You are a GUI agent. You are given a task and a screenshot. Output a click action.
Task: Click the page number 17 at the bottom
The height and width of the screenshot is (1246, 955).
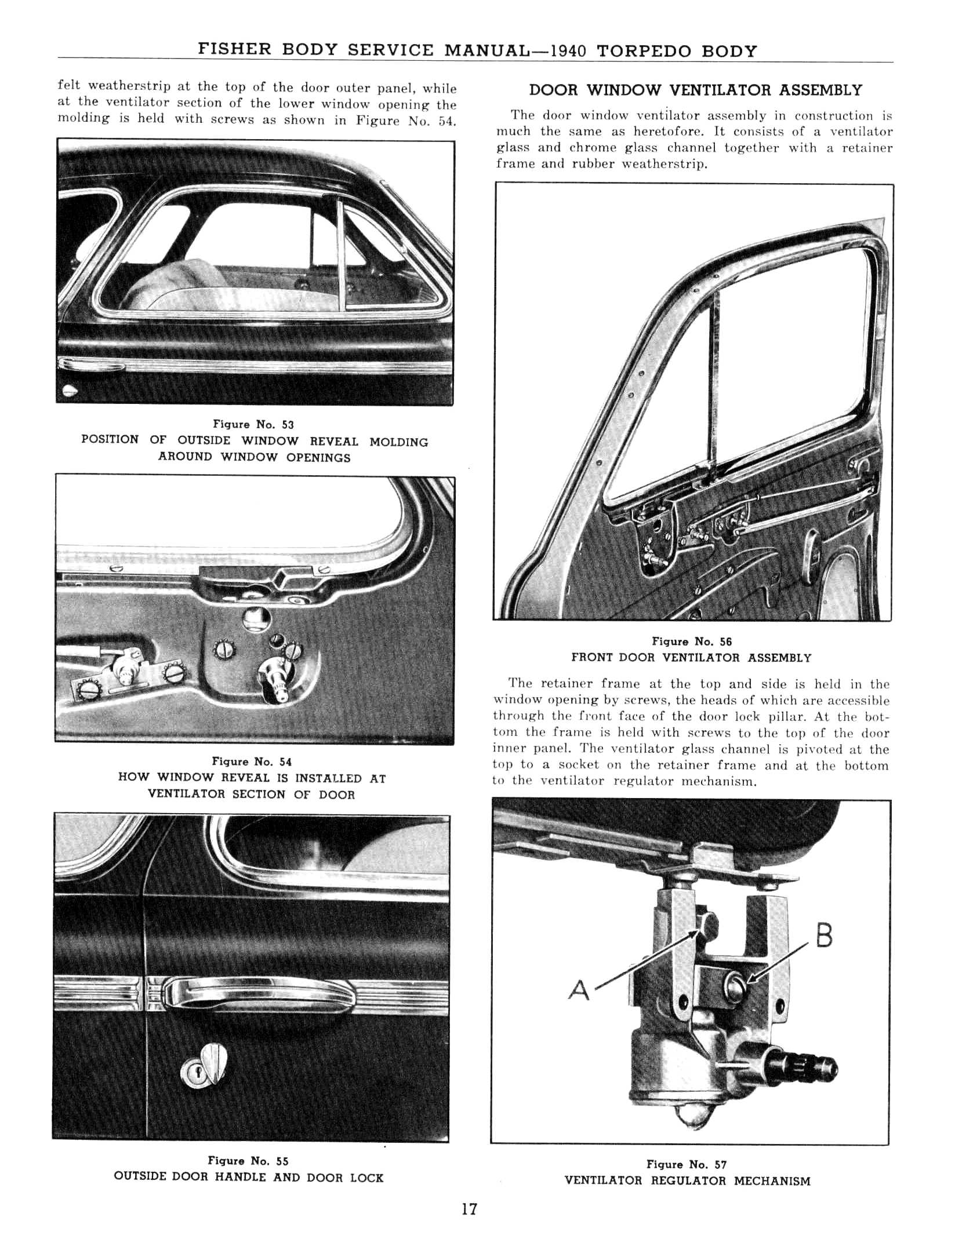pos(469,1225)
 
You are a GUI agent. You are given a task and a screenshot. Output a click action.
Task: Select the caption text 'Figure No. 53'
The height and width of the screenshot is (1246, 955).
pos(253,425)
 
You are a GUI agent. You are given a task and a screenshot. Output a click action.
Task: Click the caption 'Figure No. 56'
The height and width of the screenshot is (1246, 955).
pos(692,642)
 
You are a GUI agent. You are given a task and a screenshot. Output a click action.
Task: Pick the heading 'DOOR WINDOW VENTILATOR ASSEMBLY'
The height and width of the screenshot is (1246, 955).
pos(695,90)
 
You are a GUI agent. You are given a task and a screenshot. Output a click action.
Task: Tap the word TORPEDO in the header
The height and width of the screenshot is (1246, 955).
pos(644,50)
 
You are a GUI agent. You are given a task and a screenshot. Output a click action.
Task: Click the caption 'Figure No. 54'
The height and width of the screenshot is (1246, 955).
pos(252,762)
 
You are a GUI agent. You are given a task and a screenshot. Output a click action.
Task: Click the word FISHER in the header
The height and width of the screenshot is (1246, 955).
pos(235,49)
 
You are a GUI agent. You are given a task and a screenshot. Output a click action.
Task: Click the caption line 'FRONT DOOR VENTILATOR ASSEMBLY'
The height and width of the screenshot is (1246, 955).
pos(691,658)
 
